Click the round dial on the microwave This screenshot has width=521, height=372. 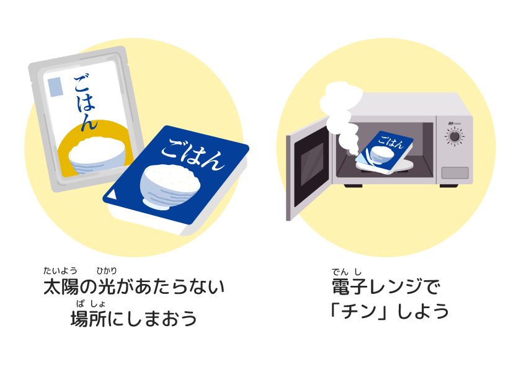tap(455, 136)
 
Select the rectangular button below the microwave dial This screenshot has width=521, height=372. tap(455, 172)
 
